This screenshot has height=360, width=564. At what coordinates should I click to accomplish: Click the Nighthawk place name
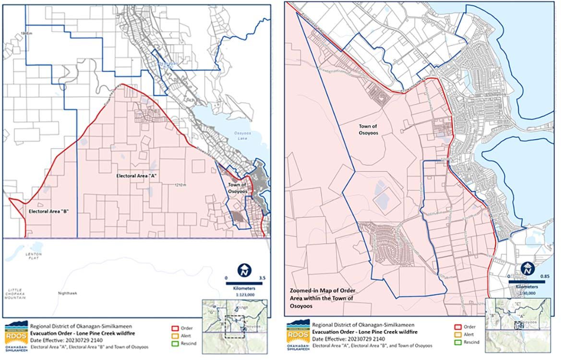point(67,293)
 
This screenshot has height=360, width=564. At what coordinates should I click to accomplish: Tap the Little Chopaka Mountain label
point(16,294)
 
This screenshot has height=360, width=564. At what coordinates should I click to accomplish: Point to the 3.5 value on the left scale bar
point(262,277)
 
